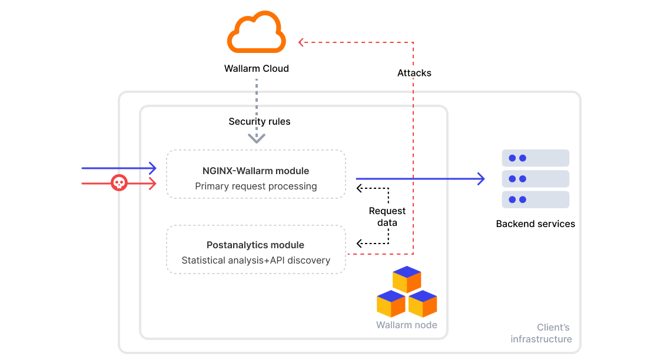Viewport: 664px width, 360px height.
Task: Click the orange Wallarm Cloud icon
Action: pos(256,35)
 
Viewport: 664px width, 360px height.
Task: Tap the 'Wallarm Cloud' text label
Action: pos(256,69)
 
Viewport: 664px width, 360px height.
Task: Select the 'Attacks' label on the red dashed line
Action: pos(414,73)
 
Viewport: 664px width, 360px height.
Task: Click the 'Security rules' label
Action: pos(259,122)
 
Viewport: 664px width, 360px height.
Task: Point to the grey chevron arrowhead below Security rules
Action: pos(256,139)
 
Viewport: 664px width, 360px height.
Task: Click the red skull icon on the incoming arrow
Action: pos(119,184)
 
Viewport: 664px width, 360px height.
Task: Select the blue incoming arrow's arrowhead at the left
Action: pos(153,168)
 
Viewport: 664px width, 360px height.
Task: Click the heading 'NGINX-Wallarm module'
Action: pos(255,171)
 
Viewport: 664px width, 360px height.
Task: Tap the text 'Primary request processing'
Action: pos(255,186)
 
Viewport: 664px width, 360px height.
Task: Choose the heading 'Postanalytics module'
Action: pos(255,245)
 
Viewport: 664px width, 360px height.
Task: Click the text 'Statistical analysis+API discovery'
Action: pos(255,260)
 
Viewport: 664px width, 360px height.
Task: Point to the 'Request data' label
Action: pos(387,216)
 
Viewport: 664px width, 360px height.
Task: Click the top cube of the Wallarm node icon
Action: pos(407,279)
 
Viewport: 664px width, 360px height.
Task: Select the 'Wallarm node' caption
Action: pos(406,325)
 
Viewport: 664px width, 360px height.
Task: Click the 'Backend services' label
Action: pos(535,224)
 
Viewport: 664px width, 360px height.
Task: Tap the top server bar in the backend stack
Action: pos(535,158)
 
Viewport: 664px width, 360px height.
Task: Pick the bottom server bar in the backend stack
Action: pos(535,199)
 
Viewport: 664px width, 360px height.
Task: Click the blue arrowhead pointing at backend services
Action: pos(481,178)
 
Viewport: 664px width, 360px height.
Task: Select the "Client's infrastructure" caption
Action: pos(542,334)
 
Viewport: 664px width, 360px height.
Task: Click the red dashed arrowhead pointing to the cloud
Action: pos(301,42)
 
